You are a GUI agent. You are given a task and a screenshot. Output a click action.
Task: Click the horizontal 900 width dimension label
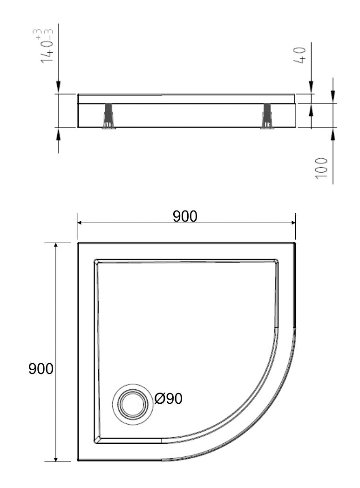(185, 216)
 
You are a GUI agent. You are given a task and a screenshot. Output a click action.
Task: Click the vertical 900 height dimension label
(41, 369)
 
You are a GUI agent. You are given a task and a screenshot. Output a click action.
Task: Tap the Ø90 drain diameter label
(169, 399)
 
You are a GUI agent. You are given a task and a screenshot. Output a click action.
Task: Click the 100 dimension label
(322, 167)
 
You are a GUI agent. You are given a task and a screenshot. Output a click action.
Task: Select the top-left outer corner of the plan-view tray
(78, 243)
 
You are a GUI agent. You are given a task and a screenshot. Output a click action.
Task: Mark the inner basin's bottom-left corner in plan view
(97, 441)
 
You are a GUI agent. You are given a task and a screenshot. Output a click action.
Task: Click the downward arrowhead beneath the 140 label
(58, 88)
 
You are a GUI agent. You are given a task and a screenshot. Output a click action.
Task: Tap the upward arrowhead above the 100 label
(333, 132)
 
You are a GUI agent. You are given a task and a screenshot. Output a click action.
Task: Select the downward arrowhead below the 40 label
(311, 89)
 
